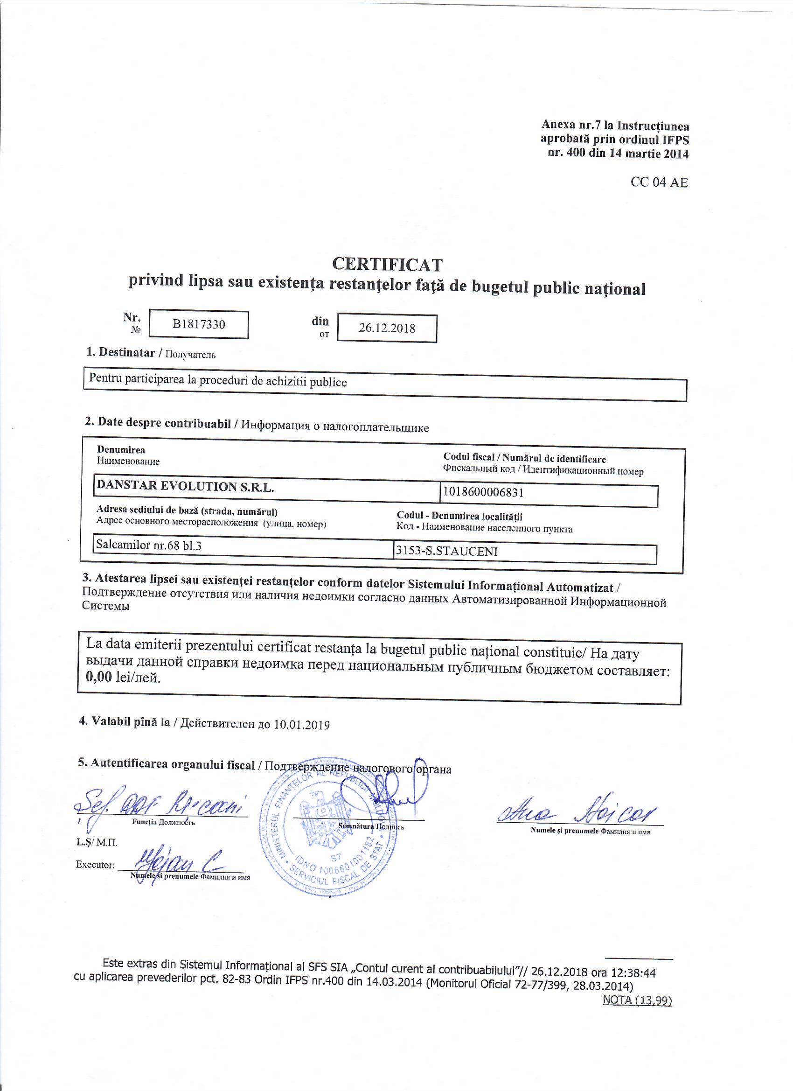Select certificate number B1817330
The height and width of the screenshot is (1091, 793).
tap(199, 324)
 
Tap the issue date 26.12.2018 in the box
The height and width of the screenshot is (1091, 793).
tap(387, 328)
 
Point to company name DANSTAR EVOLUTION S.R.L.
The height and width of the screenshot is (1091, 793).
tap(185, 486)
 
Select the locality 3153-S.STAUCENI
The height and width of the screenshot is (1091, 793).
tap(446, 551)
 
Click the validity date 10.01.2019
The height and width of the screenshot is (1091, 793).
tap(301, 725)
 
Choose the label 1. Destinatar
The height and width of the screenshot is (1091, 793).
tap(121, 352)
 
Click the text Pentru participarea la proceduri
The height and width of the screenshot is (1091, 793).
tap(217, 381)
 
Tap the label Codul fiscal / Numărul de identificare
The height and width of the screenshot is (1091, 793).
tap(524, 458)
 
